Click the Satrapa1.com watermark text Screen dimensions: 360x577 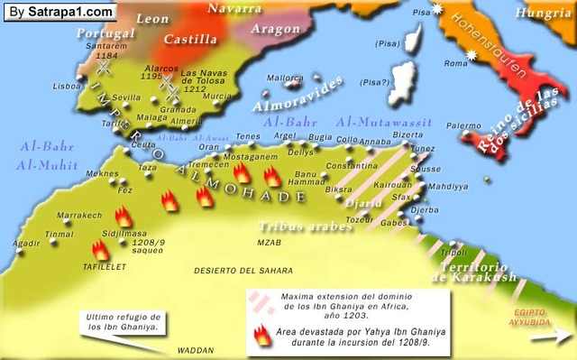[x=60, y=12]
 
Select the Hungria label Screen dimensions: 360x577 [x=544, y=13]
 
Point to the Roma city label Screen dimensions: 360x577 [x=456, y=63]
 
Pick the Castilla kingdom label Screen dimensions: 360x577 [x=190, y=40]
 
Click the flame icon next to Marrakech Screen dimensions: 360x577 [x=124, y=217]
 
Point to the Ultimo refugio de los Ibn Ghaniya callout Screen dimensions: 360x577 [x=123, y=322]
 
